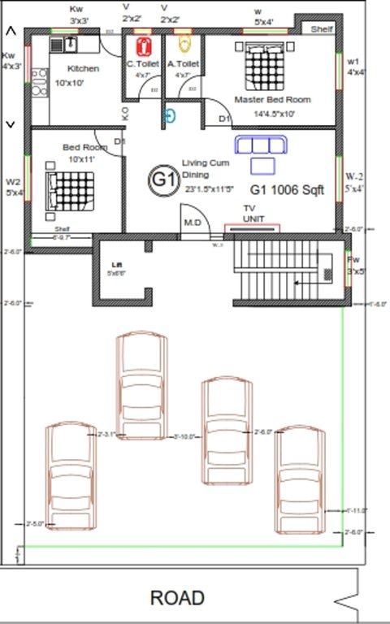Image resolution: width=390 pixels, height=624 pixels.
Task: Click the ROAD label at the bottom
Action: [177, 599]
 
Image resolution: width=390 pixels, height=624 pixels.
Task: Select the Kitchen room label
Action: [83, 69]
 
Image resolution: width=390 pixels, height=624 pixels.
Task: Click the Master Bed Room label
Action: [272, 99]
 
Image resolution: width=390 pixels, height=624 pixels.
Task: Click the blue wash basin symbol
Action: [170, 115]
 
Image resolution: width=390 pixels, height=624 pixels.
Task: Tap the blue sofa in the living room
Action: [261, 145]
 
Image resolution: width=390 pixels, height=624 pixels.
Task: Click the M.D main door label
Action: [193, 222]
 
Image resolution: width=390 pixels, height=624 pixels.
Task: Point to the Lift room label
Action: [116, 265]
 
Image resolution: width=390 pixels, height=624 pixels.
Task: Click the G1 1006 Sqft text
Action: [287, 190]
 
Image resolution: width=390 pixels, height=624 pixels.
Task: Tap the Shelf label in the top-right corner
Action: [322, 29]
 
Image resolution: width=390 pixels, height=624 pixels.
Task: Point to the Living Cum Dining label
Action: [206, 169]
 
